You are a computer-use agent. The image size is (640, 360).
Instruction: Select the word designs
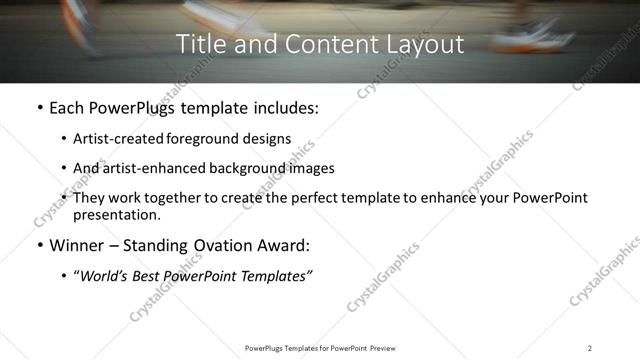point(269,139)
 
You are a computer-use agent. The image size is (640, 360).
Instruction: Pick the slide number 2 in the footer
point(589,348)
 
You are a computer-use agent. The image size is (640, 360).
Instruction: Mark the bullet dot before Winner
point(39,245)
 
